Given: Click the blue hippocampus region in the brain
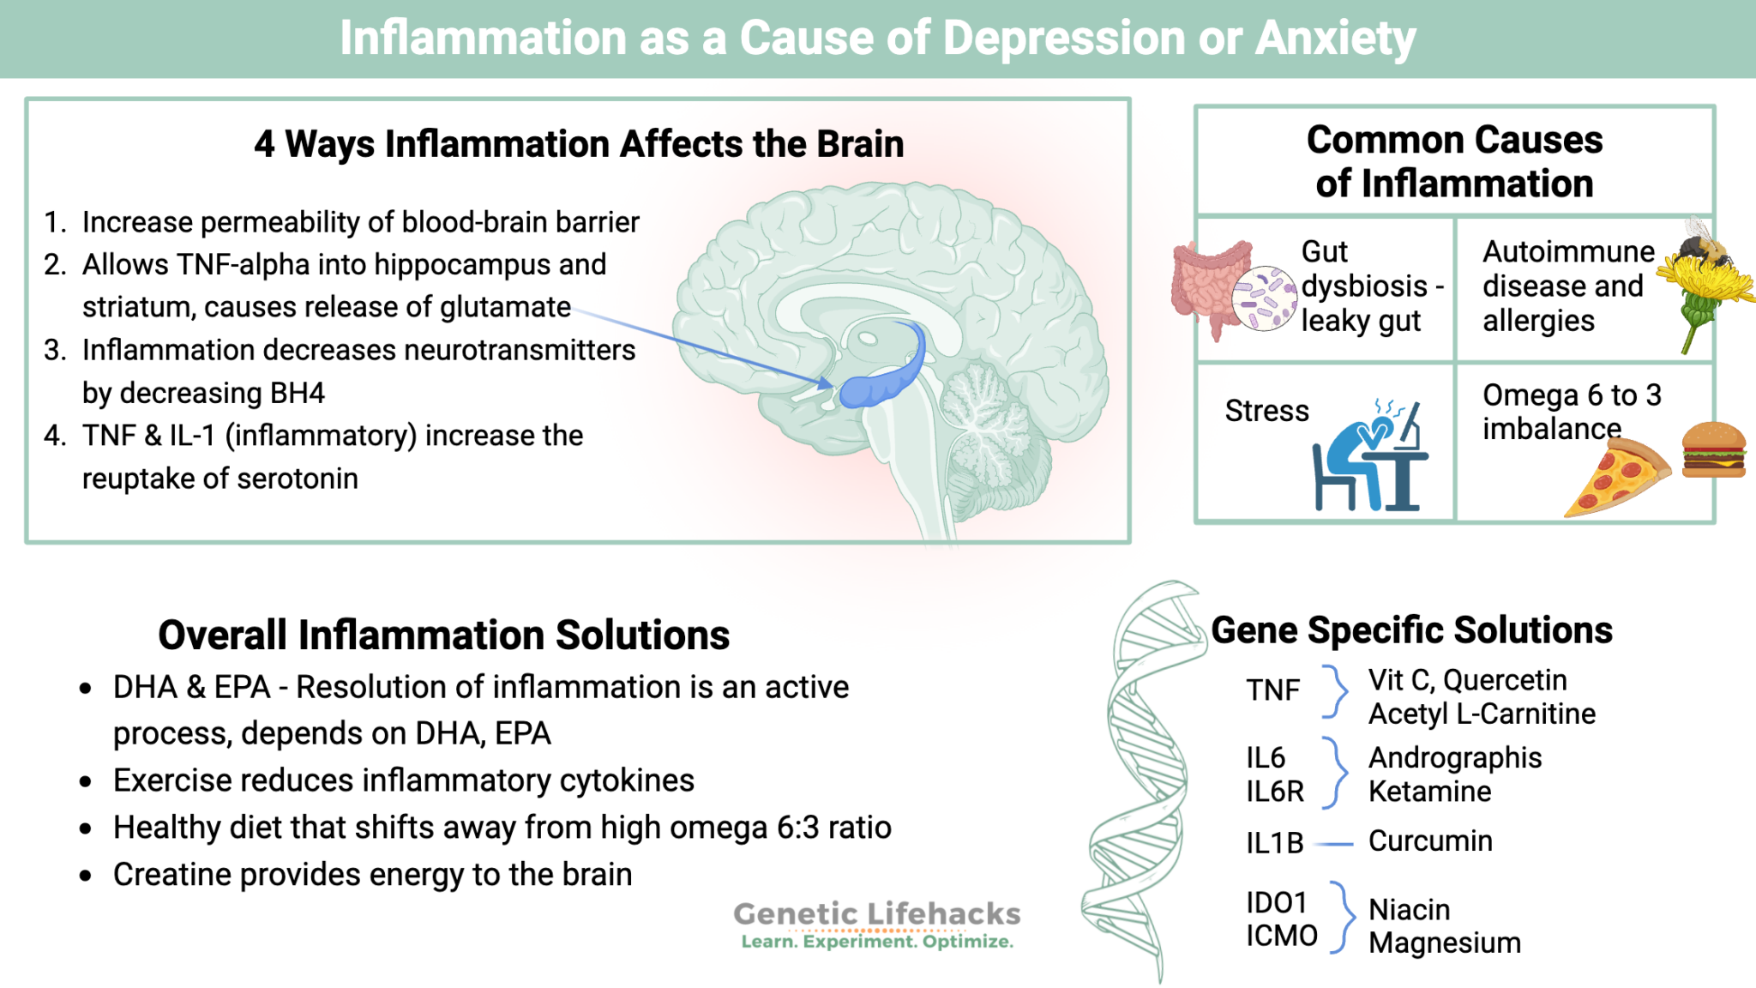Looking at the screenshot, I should point(883,377).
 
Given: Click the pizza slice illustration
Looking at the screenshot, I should point(1616,477).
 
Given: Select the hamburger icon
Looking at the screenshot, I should point(1713,449).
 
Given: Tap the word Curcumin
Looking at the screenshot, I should point(1429,841).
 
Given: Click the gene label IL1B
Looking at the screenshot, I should point(1274,844).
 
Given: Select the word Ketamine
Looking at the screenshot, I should point(1429,792).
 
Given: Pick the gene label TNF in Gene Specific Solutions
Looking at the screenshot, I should point(1272,690).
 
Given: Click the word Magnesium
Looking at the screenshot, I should point(1444,943).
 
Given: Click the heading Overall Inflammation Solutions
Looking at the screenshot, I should point(443,636).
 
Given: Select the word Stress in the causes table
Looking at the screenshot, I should point(1266,412).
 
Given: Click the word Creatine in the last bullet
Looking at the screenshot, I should point(168,875).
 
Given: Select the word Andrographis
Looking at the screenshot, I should point(1454,758).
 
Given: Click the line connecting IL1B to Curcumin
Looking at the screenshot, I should point(1333,845).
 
